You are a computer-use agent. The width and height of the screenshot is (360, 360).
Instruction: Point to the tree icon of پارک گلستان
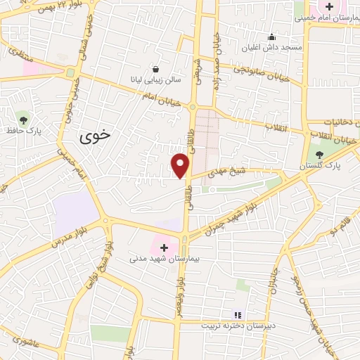coord(320,154)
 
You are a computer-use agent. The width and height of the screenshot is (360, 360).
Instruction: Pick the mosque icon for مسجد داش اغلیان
coord(272,37)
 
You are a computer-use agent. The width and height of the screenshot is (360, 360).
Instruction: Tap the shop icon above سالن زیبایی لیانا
coord(155,70)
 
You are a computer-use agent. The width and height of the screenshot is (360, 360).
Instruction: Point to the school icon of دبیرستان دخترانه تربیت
coord(237,314)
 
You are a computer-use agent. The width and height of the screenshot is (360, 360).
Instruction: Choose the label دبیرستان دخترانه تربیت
coord(233,326)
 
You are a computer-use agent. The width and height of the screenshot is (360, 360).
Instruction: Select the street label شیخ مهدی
coord(231,173)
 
